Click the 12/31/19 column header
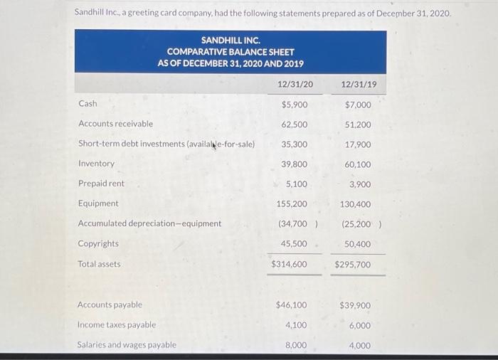[359, 84]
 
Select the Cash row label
[88, 104]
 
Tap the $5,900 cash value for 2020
[295, 105]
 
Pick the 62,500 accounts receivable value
[295, 125]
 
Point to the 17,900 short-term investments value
[358, 144]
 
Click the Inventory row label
[96, 164]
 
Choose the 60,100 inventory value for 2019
[358, 164]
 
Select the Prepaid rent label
[101, 184]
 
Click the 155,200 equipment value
[292, 204]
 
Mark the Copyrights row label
[98, 243]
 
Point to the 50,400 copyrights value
[358, 244]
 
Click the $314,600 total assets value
[289, 264]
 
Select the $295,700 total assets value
[353, 265]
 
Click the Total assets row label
[99, 264]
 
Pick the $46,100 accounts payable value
[292, 305]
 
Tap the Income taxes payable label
[117, 325]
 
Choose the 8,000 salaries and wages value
[296, 346]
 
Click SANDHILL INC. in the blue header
[231, 41]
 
